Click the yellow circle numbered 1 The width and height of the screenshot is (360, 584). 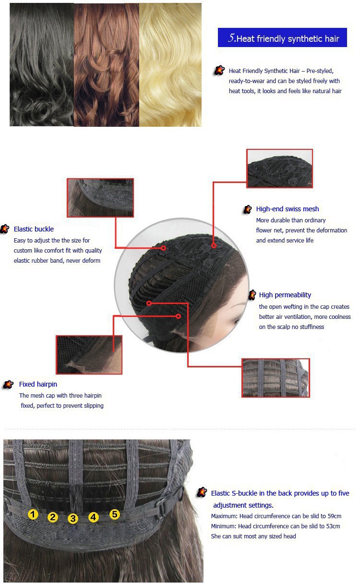click(x=33, y=514)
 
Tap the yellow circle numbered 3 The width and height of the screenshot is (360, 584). click(x=73, y=518)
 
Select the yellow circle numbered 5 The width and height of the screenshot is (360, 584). click(x=115, y=514)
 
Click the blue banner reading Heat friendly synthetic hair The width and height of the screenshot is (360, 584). click(x=282, y=37)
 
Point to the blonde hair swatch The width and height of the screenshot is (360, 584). click(x=170, y=65)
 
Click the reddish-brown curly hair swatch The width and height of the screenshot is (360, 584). click(x=106, y=65)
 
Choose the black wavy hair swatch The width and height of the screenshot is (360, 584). click(x=42, y=65)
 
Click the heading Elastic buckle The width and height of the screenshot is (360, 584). click(x=34, y=229)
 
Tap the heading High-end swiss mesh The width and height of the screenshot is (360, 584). click(x=288, y=209)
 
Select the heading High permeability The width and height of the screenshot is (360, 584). click(x=285, y=295)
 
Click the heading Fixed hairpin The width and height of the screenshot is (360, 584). click(x=38, y=384)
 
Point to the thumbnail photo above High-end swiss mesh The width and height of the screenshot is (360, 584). click(x=279, y=169)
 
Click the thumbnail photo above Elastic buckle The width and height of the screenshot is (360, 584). click(x=100, y=197)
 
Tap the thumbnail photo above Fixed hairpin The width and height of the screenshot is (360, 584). click(x=89, y=355)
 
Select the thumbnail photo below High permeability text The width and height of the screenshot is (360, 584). click(x=276, y=378)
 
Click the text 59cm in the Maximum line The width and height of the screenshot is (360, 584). click(x=334, y=516)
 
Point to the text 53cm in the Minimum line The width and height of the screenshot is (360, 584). click(x=333, y=526)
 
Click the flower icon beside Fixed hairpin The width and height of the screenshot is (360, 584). click(x=8, y=385)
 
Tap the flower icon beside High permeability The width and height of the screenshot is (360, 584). click(x=252, y=295)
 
